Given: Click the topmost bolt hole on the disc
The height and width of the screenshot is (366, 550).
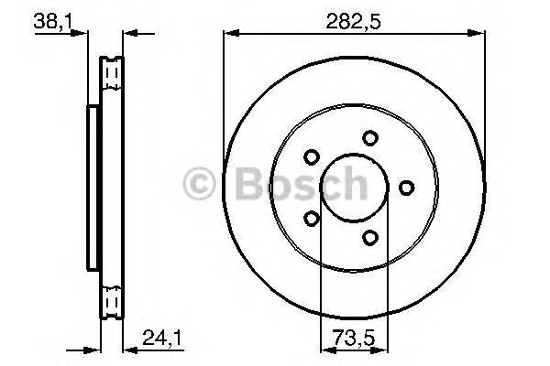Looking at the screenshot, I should point(369,138).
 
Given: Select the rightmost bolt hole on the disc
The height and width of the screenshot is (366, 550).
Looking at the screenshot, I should point(405,188).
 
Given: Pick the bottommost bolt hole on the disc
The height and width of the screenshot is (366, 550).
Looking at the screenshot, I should point(369,238).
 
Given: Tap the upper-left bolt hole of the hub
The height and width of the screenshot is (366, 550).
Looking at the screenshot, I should point(312,156).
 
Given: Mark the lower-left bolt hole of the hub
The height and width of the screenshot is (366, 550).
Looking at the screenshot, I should point(312,219).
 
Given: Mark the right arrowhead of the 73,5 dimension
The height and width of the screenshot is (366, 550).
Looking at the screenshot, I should point(381,348).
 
